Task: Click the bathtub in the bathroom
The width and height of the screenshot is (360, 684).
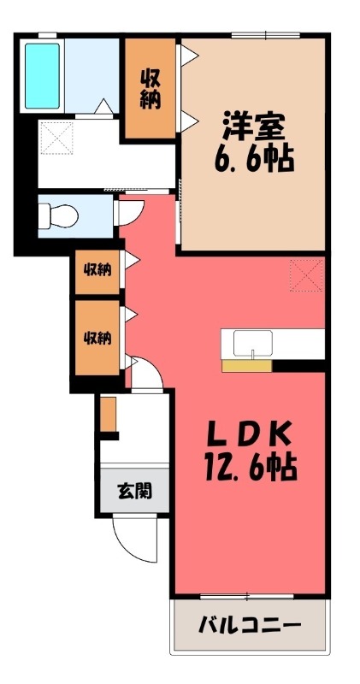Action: point(42,75)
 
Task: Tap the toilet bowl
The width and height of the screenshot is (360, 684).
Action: point(59,216)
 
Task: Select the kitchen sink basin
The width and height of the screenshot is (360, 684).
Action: point(252,343)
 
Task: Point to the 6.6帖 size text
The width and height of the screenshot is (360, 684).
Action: point(254,159)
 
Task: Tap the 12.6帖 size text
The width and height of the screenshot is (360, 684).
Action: point(250,468)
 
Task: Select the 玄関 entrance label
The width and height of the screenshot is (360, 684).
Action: point(134,492)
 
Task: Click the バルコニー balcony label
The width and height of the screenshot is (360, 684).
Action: point(250,627)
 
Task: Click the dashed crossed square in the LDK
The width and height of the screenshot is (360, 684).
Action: point(307,275)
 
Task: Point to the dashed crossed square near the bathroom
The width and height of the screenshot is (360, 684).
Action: point(56,138)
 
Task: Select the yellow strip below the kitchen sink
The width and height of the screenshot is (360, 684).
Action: point(247,366)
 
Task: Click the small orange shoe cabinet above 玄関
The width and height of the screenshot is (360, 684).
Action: point(109,414)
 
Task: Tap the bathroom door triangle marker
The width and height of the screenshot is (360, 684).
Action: point(103,108)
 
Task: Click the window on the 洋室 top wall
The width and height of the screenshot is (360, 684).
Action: point(266,35)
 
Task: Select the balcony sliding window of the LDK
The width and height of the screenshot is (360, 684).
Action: point(247,596)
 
